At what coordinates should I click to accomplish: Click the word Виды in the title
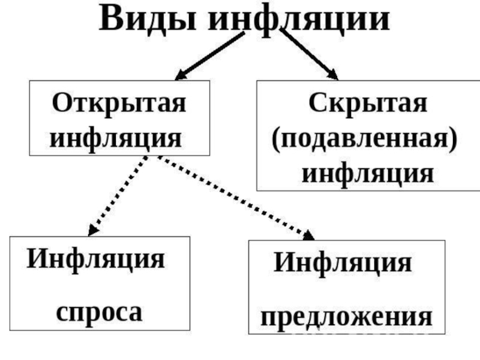coord(150,19)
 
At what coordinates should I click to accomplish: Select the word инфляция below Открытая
coord(116,137)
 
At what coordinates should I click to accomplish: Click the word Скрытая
coord(368,103)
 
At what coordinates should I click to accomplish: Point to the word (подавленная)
coord(364,139)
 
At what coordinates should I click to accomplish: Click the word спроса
coord(99,312)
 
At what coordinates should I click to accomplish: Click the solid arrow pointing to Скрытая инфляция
coord(309,54)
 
